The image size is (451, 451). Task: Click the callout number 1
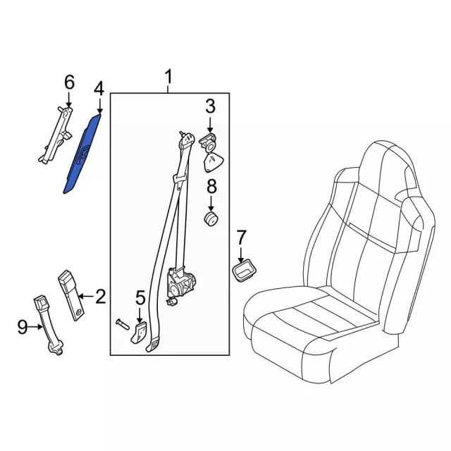coord(168,76)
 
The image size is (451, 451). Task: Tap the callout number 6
coord(69,82)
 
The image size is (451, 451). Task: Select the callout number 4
coord(99,89)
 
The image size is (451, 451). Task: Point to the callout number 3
coord(210,106)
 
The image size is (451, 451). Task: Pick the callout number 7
coord(241,237)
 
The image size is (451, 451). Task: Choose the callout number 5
coord(140,297)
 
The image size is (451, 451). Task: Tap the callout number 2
coord(100,296)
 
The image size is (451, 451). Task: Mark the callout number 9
coord(23,327)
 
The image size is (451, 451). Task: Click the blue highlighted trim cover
coord(82,154)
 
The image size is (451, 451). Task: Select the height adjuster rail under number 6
coord(56,135)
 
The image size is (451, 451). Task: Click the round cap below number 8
coord(211,220)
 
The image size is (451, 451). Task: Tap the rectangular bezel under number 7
coord(244,269)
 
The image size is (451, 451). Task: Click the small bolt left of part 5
coord(122,326)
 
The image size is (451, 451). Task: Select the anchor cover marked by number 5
coord(139,333)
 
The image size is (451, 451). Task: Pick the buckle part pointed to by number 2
coord(71,295)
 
